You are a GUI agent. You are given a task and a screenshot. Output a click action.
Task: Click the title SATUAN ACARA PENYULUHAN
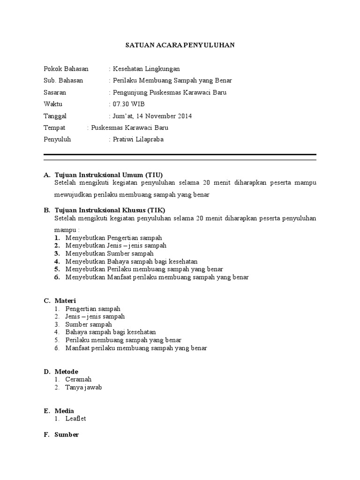pos(180,45)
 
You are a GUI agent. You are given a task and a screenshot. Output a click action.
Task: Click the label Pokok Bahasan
pos(66,69)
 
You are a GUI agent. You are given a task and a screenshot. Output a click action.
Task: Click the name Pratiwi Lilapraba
pos(138,139)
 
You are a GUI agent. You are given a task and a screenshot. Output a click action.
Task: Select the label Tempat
pos(54,127)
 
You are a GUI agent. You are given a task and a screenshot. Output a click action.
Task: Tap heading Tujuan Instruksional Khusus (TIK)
pos(110,210)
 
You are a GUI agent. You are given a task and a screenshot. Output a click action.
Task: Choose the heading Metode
pos(66,371)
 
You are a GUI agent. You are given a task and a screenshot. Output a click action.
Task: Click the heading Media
pos(64,411)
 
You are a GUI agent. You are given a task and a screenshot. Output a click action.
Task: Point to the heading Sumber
pos(67,435)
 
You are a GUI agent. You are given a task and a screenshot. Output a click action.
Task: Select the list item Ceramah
pos(78,379)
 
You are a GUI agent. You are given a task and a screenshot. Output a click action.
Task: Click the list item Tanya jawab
pos(83,387)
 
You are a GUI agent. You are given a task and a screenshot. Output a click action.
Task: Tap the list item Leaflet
pos(75,419)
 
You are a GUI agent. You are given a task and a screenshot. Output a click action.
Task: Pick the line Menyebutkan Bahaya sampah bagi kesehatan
pos(131,261)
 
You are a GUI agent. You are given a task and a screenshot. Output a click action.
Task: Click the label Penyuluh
pos(57,139)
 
